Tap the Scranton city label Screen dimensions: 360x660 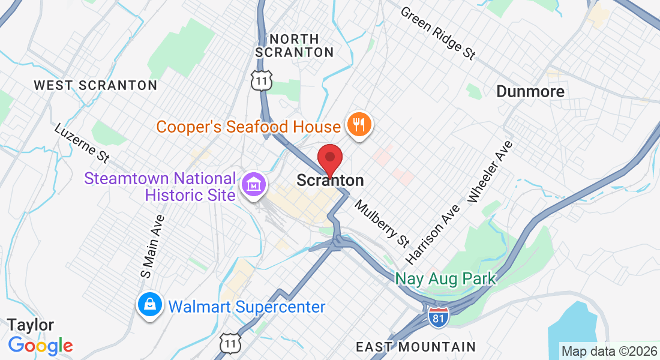(330, 181)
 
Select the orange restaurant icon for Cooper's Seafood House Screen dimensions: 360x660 (359, 125)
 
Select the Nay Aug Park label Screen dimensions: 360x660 (446, 278)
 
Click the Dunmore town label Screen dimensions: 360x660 (530, 92)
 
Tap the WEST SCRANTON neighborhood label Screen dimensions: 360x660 (95, 85)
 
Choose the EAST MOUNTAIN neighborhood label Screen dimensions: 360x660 (416, 347)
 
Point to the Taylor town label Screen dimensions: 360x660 (31, 325)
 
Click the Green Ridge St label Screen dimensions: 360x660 (438, 33)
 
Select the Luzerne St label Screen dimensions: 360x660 (82, 143)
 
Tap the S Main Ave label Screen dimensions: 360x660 (152, 246)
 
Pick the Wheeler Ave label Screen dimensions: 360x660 (490, 172)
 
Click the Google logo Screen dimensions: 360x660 (40, 346)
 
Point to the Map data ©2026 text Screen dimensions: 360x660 (609, 350)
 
